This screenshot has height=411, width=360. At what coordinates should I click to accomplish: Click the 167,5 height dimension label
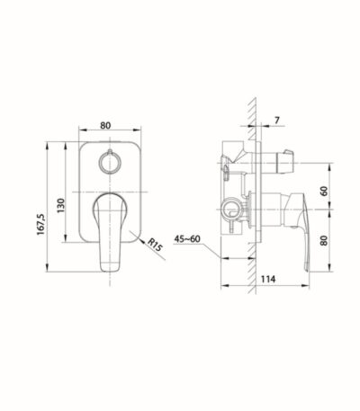(40, 224)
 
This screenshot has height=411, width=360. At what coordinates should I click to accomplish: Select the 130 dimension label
(60, 205)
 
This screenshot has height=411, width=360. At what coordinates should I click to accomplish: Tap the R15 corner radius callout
(155, 246)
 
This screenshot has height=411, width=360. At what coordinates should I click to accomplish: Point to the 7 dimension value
(277, 121)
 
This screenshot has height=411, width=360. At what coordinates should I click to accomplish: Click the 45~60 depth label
(187, 239)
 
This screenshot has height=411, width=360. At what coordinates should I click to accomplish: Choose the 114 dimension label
(268, 279)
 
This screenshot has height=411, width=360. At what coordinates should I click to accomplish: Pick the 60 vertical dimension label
(324, 191)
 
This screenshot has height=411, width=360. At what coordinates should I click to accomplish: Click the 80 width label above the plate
(105, 125)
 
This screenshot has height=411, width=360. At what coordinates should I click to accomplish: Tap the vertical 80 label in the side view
(324, 240)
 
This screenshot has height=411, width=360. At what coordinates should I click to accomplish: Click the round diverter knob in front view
(110, 163)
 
